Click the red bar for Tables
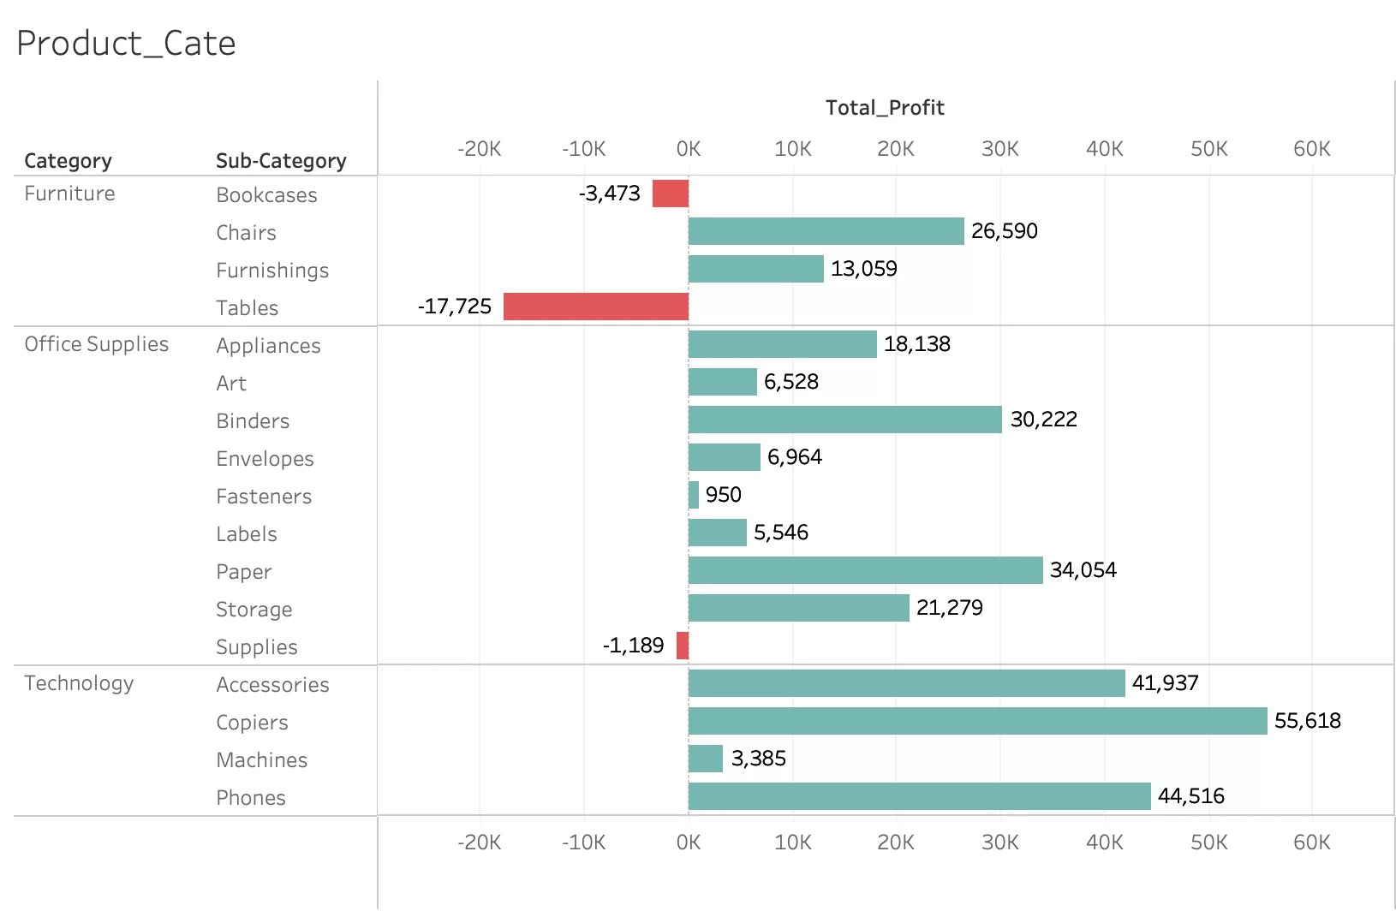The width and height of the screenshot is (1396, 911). point(596,307)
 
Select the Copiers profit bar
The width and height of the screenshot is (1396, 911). point(977,721)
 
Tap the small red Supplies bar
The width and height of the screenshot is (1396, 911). point(683,646)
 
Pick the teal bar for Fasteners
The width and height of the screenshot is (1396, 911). point(694,495)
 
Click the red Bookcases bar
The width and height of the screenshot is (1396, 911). point(671,194)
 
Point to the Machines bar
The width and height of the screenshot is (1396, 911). point(706,759)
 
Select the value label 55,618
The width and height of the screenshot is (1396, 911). point(1307,721)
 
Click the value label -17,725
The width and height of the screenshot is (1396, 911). point(455,307)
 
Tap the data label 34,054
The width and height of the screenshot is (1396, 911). point(1083,570)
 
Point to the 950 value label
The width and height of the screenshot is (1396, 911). point(723,495)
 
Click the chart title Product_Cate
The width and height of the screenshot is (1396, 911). point(126,44)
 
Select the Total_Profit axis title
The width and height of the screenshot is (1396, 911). point(885,108)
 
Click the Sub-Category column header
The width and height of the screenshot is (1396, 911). point(281,161)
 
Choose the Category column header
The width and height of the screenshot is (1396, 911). point(69,161)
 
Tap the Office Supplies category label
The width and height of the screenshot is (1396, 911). point(97,344)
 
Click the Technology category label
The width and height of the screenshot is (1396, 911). point(79,683)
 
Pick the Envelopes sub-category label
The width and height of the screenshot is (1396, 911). point(265,459)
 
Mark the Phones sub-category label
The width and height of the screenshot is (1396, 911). point(251,798)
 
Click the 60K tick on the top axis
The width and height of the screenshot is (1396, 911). point(1311,149)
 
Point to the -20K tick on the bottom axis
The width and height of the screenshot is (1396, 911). point(479,843)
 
